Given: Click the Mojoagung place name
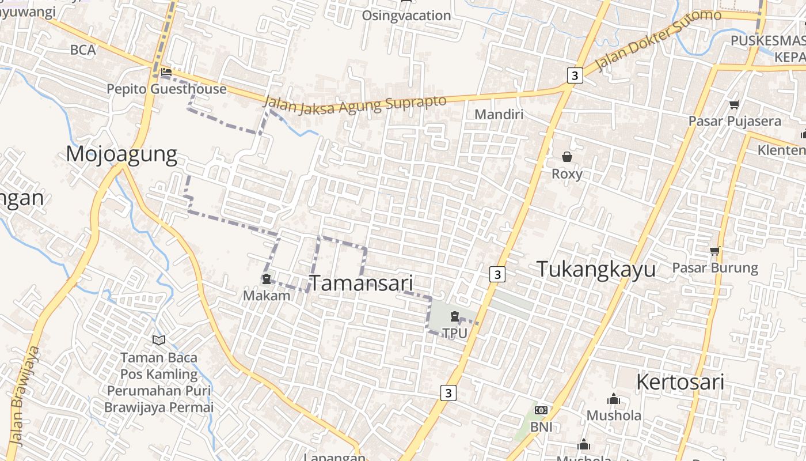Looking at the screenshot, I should coord(121,154).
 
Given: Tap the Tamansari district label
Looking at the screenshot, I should coord(362,283).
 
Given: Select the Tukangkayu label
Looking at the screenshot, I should coord(596,269).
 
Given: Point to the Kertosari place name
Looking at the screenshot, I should coord(680,382).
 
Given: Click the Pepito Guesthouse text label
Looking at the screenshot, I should coord(167,89).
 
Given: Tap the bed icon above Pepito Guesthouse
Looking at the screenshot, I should coord(166,73).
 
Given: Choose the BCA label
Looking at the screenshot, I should coord(83,50).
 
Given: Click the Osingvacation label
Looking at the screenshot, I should coord(406,16).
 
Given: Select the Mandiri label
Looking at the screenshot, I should coord(499,114).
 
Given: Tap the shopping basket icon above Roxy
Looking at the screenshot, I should coord(567,157).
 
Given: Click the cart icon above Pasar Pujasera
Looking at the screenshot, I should coord(734,105).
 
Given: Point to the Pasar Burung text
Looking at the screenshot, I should coord(715,268).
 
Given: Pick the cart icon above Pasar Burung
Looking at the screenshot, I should coord(715,251).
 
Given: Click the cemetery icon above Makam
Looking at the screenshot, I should coord(267,279).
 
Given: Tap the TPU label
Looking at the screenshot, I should coord(455,333).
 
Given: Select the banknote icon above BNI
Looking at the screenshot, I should coord(541,410).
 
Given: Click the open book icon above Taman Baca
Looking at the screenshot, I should coord(159,341).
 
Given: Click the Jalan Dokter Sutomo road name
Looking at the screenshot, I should coord(657,39).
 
